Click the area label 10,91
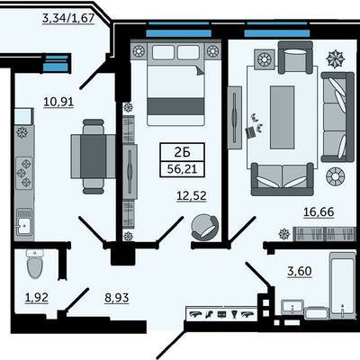click(x=58, y=102)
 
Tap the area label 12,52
click(x=192, y=196)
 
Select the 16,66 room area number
click(x=319, y=211)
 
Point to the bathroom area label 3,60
click(x=300, y=271)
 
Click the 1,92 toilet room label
click(x=37, y=298)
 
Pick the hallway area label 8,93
click(x=117, y=298)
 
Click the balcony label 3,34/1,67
click(x=68, y=19)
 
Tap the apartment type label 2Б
click(x=183, y=153)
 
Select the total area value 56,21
click(x=182, y=169)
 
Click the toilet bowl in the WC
click(x=35, y=264)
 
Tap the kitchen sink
click(x=24, y=221)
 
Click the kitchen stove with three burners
click(x=24, y=173)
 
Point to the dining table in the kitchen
click(x=93, y=157)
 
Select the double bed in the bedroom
click(x=175, y=84)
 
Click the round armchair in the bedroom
click(x=204, y=227)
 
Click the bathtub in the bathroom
click(x=343, y=285)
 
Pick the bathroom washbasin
click(x=292, y=307)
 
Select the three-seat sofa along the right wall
click(x=337, y=117)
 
